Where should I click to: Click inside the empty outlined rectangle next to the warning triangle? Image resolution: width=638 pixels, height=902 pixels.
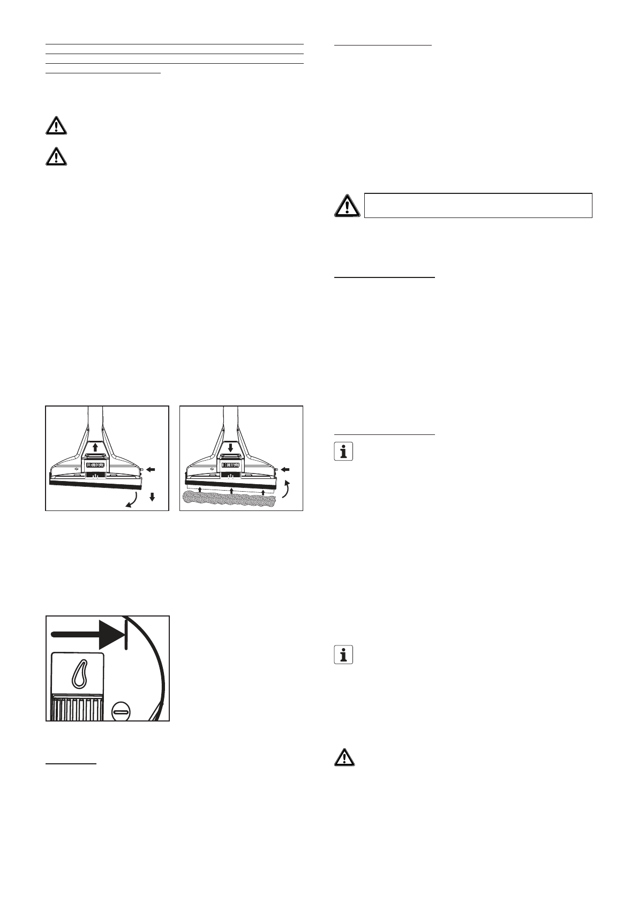tap(478, 205)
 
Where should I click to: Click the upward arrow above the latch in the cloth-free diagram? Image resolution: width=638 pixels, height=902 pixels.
tap(95, 447)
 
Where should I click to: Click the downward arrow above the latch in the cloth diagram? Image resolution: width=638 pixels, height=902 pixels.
tap(230, 447)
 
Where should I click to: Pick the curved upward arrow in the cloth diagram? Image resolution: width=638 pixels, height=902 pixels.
tap(288, 489)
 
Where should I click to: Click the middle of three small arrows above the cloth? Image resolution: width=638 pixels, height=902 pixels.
tap(231, 490)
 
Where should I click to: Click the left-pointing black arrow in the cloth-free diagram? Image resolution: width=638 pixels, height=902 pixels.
tap(151, 469)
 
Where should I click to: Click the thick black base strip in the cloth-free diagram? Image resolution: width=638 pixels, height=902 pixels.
tap(97, 485)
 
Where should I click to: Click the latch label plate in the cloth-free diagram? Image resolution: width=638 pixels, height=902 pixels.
tap(95, 465)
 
